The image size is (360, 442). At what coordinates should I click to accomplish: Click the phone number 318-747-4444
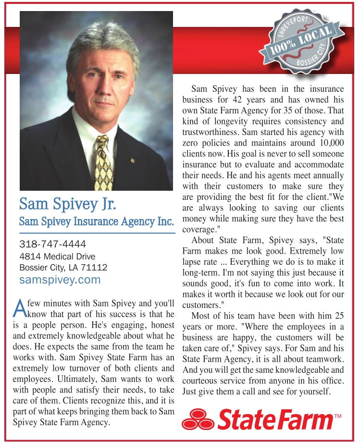[x=53, y=244]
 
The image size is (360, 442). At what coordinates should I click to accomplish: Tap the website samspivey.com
[x=60, y=280]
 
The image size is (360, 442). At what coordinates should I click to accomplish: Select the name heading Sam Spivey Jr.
[x=67, y=204]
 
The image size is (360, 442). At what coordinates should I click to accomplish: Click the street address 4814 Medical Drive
[x=57, y=256]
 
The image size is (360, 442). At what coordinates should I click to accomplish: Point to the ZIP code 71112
[x=96, y=268]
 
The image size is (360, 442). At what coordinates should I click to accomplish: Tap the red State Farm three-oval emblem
[x=198, y=418]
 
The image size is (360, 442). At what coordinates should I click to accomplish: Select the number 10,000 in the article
[x=331, y=143]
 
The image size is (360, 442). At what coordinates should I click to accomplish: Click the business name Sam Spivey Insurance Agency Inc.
[x=96, y=222]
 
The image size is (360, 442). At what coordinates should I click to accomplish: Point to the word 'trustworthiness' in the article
[x=211, y=132]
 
